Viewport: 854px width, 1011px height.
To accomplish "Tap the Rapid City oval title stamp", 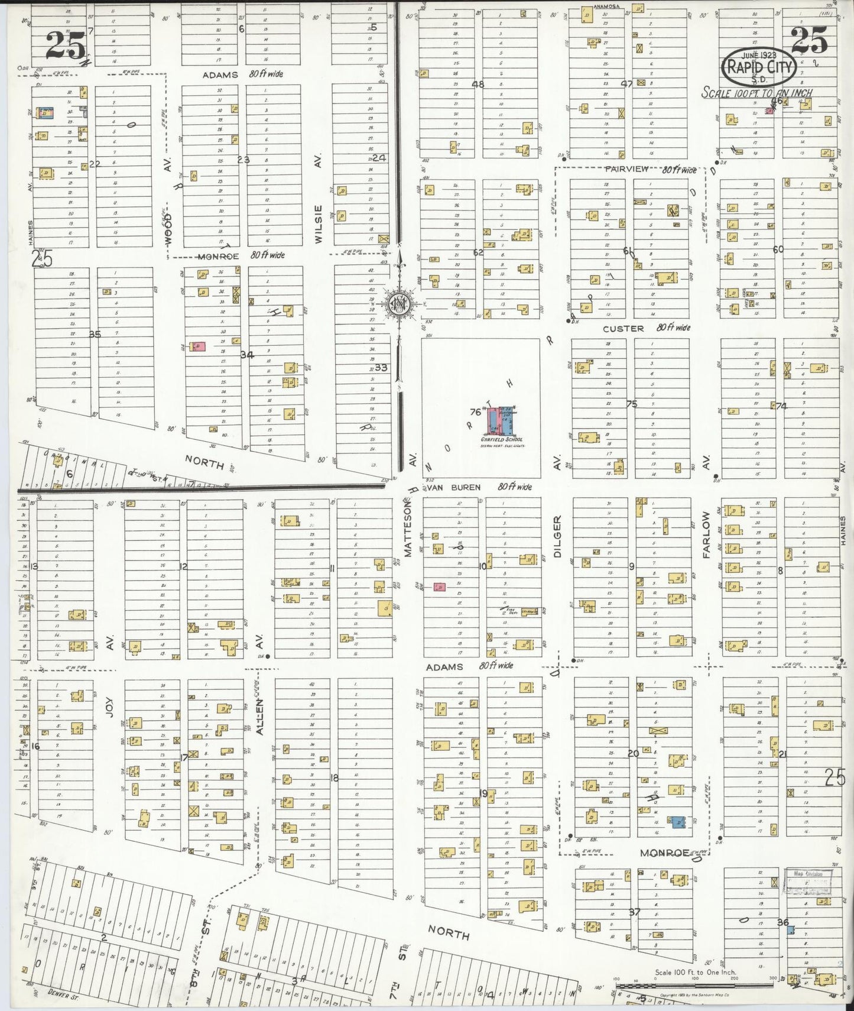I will coord(759,67).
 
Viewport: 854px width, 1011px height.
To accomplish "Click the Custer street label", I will coord(623,329).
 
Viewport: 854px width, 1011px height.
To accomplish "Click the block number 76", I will coord(475,412).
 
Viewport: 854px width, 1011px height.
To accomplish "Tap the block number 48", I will coord(478,85).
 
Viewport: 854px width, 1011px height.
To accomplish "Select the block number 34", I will coord(246,355).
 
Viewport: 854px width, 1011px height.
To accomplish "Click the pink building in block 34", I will coord(197,347).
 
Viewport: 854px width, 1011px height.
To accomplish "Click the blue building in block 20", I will coord(678,821).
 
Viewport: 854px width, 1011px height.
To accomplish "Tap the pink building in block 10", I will coord(439,587).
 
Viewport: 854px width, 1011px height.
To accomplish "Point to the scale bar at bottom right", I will coord(695,985).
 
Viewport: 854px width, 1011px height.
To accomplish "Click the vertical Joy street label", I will coord(109,705).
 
